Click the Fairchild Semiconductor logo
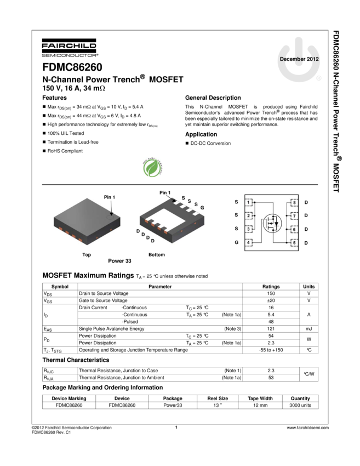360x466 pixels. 70,48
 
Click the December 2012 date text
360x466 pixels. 299,59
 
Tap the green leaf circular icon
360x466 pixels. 153,167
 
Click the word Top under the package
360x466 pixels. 87,255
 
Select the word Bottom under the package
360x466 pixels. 157,255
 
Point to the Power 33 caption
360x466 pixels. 119,262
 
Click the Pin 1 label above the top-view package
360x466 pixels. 110,197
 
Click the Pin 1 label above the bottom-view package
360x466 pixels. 165,193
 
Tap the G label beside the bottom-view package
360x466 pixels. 203,208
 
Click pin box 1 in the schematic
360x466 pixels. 249,203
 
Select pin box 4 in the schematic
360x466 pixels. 249,242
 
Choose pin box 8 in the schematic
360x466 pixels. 294,203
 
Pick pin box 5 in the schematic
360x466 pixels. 294,242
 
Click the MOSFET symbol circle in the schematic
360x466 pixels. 272,223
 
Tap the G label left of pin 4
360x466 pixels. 236,242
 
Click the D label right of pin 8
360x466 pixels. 306,203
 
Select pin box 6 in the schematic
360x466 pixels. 294,229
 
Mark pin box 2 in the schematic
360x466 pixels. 249,216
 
